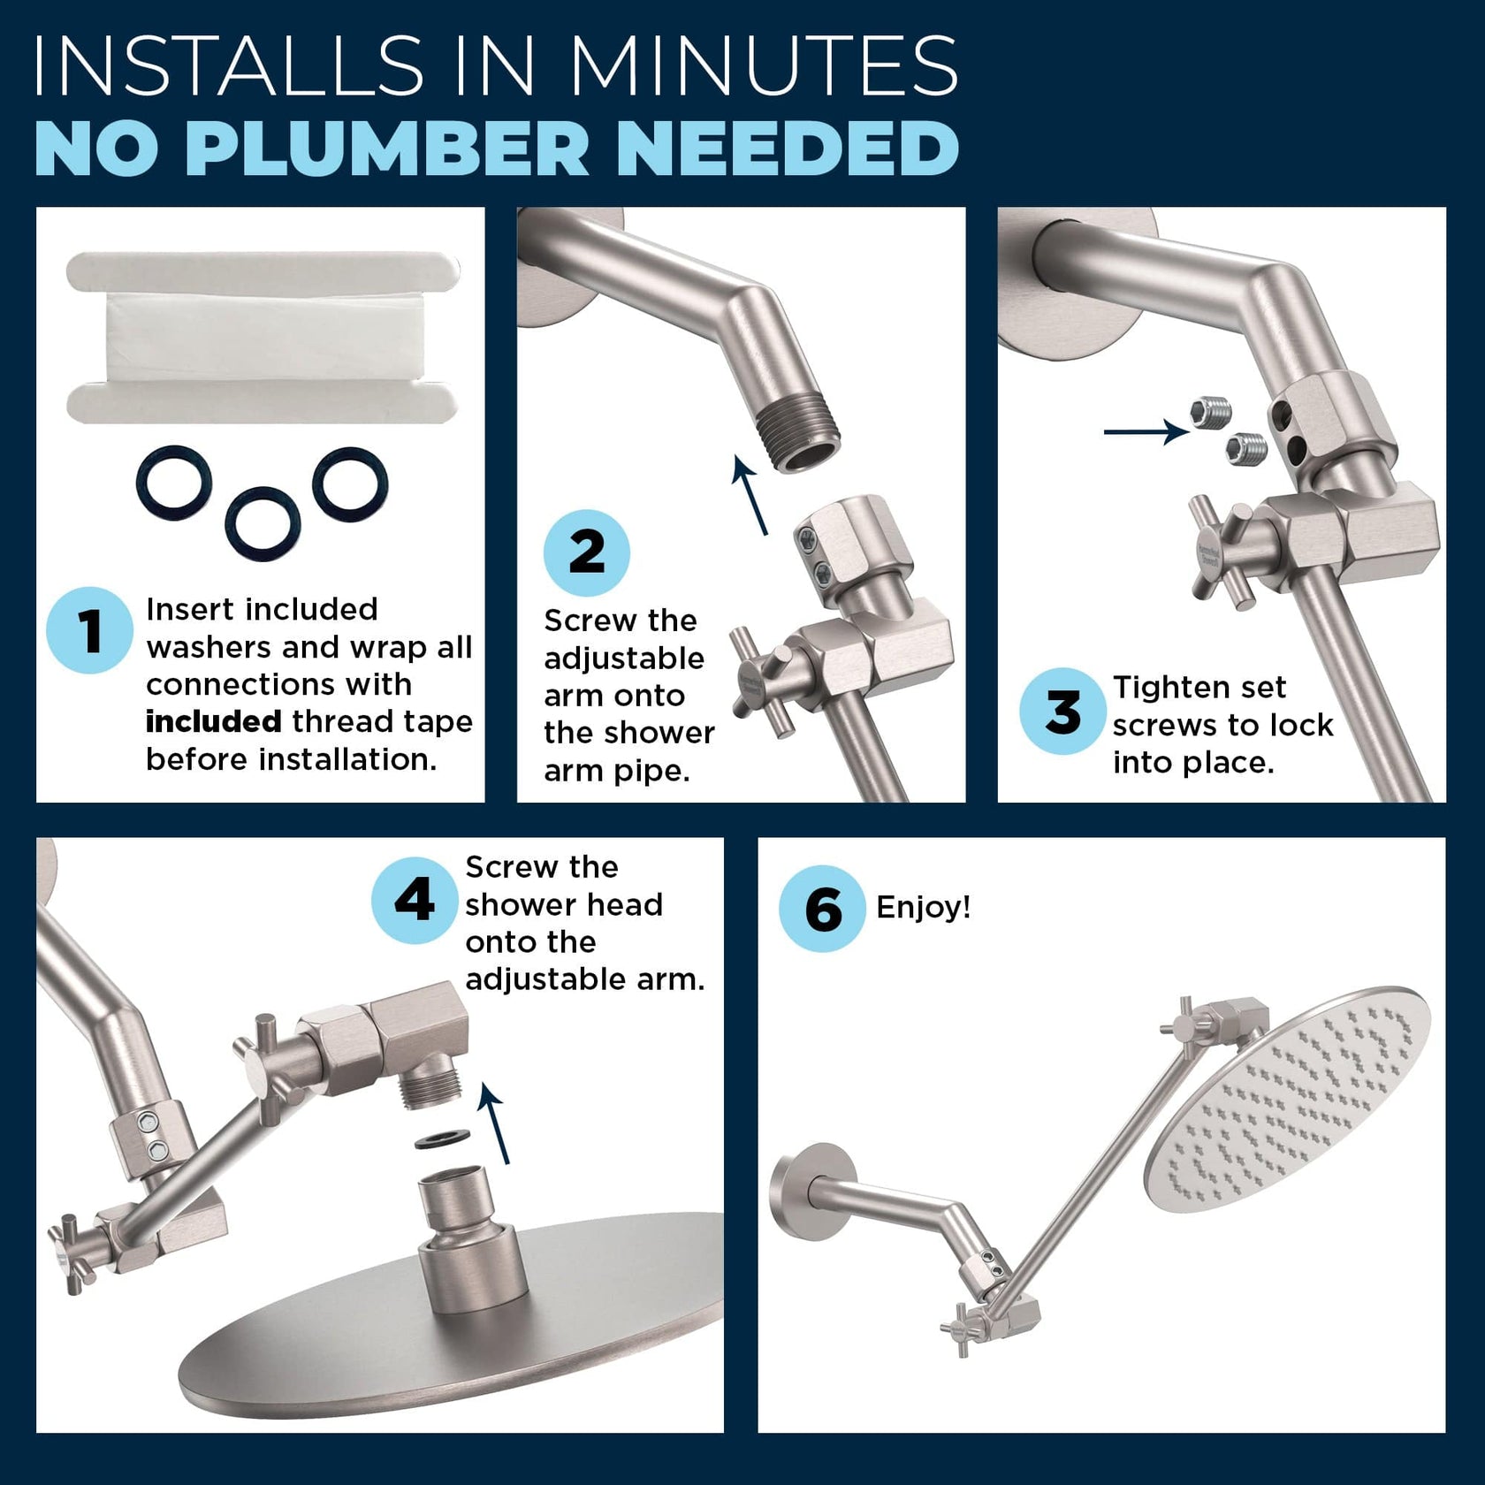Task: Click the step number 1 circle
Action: pyautogui.click(x=89, y=630)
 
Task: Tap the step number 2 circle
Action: pyautogui.click(x=587, y=552)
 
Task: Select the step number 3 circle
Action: pyautogui.click(x=1062, y=711)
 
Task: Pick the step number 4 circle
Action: pyautogui.click(x=414, y=900)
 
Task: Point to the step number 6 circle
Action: pyautogui.click(x=822, y=909)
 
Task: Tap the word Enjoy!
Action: pyautogui.click(x=923, y=907)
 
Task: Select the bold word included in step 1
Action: pyautogui.click(x=213, y=721)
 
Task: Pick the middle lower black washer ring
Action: pyautogui.click(x=263, y=524)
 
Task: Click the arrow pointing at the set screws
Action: pyautogui.click(x=1146, y=431)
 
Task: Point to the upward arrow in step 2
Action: pyautogui.click(x=750, y=495)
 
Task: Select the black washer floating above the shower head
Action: pyautogui.click(x=443, y=1140)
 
